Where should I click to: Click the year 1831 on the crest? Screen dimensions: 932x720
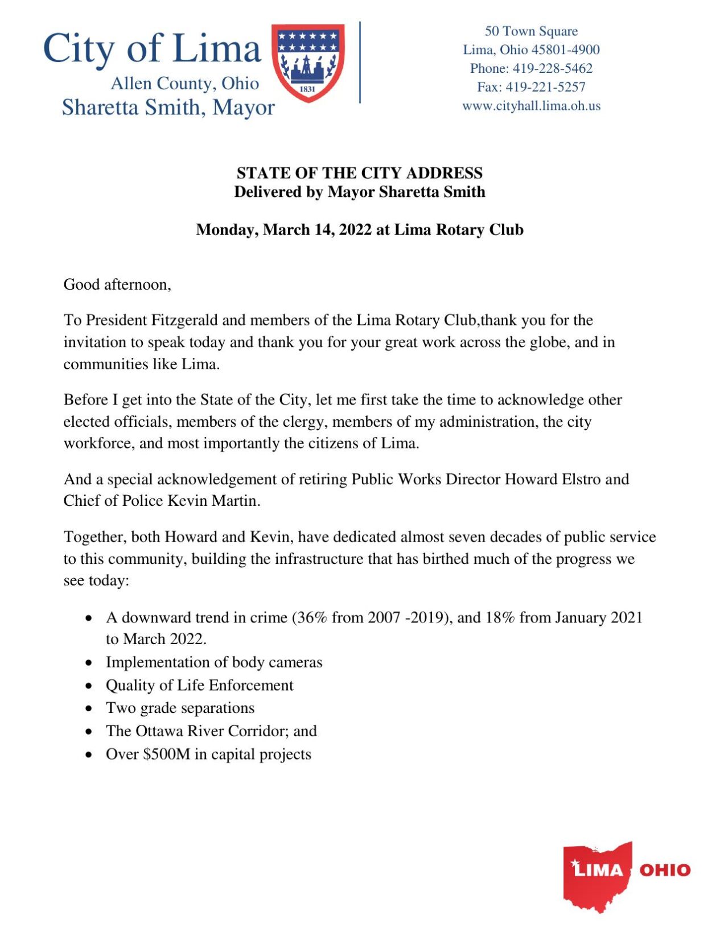(x=307, y=89)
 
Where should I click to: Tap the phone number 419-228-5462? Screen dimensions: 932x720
(x=552, y=68)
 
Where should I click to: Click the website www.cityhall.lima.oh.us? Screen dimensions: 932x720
(x=530, y=106)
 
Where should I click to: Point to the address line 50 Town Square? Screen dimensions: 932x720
(x=530, y=31)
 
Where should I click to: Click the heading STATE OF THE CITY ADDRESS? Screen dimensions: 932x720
(x=359, y=173)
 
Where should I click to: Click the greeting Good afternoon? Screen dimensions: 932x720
(x=117, y=284)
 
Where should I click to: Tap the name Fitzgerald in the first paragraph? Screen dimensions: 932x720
(x=184, y=320)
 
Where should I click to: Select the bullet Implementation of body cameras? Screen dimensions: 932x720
(x=213, y=662)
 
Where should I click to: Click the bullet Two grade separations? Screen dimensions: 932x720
(x=180, y=708)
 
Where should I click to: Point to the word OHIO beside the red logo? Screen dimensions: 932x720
(x=664, y=870)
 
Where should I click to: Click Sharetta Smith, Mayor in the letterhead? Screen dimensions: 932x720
(x=168, y=108)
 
